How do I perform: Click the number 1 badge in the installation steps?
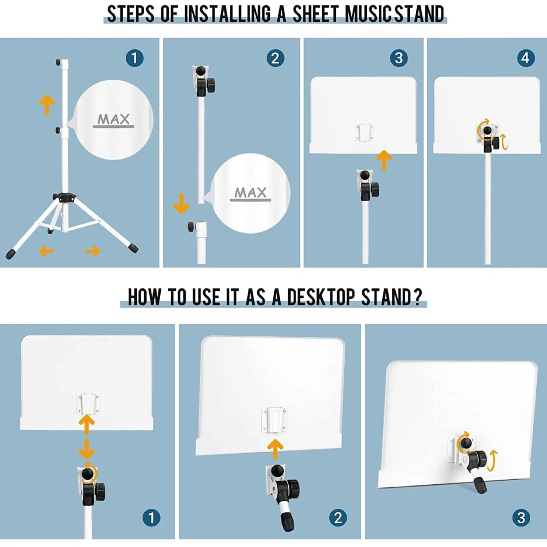tap(134, 58)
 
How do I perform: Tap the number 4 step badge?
tap(526, 58)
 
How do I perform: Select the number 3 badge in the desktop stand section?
tap(521, 517)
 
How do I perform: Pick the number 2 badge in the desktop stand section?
tap(338, 517)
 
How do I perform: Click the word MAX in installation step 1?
tap(114, 119)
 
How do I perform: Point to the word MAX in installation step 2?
tap(251, 193)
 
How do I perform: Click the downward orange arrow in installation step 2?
tap(181, 204)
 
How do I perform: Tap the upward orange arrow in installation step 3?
tap(384, 160)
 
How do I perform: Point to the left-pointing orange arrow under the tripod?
tap(46, 251)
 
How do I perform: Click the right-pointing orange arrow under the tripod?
tap(93, 251)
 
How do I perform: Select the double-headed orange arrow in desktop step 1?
tap(87, 437)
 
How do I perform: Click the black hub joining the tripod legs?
tap(64, 197)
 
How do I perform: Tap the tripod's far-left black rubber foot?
tap(10, 254)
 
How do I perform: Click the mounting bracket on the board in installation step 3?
tap(364, 132)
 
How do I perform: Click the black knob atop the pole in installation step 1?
tap(58, 62)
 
